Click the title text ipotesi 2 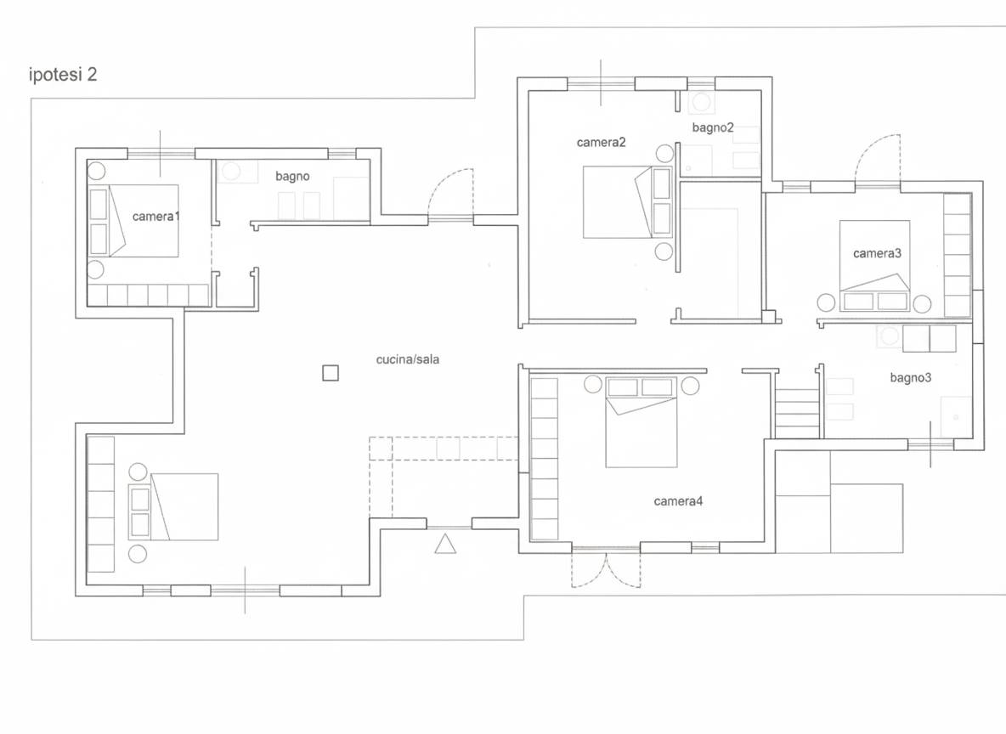(x=63, y=75)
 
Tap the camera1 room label (x=155, y=217)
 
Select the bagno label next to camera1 (x=292, y=177)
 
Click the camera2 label (x=602, y=143)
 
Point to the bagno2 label (x=713, y=127)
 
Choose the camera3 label (x=877, y=253)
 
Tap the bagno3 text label (x=910, y=378)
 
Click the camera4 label (x=678, y=501)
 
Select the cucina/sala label (x=407, y=359)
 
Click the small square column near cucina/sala (x=331, y=373)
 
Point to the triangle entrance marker (x=445, y=544)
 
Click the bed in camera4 (x=641, y=422)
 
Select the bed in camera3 (x=875, y=266)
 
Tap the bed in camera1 (x=134, y=222)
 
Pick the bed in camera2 (x=627, y=202)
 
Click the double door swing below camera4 (x=607, y=568)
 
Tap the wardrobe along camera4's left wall (x=544, y=459)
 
